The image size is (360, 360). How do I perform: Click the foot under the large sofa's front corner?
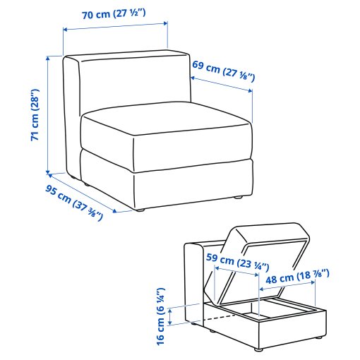click(141, 210)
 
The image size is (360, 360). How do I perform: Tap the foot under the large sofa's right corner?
click(238, 198)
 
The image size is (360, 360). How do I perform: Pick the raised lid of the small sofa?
click(268, 246)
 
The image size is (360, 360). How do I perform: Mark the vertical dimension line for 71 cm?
click(48, 113)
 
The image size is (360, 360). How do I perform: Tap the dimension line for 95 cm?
click(81, 191)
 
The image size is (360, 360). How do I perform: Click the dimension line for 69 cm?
click(222, 85)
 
